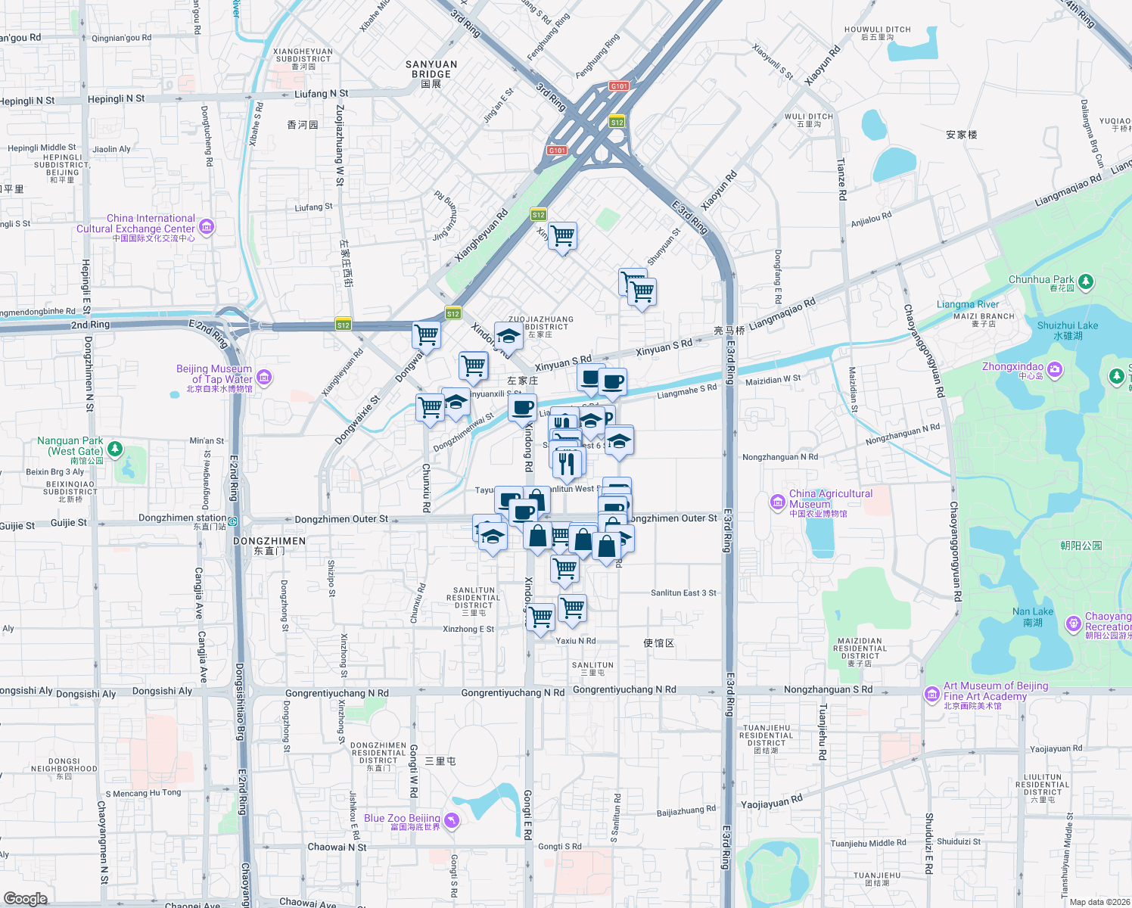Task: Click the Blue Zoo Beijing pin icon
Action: click(x=452, y=821)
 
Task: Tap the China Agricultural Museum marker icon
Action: click(x=777, y=502)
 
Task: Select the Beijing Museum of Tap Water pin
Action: click(x=264, y=377)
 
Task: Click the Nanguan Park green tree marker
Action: click(x=115, y=449)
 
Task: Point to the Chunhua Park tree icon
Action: click(x=1086, y=281)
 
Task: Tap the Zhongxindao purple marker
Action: click(x=1055, y=370)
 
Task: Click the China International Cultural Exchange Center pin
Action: click(x=207, y=226)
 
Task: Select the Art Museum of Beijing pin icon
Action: click(x=932, y=694)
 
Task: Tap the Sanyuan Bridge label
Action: click(x=431, y=73)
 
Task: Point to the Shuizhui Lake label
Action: click(x=1067, y=330)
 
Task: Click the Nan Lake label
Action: click(x=1033, y=616)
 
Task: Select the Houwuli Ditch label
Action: click(x=877, y=33)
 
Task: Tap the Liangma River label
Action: click(x=967, y=304)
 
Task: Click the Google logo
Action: click(x=25, y=898)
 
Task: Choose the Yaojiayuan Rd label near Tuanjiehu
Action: click(x=771, y=802)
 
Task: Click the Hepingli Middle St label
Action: click(x=42, y=148)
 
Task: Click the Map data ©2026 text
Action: click(x=1099, y=901)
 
